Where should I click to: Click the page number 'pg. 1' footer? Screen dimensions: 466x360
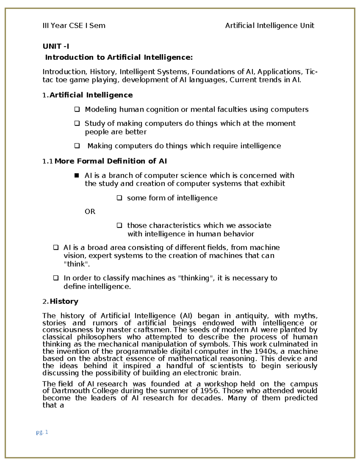tap(42, 432)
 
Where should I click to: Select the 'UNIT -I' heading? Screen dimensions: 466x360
tap(56, 46)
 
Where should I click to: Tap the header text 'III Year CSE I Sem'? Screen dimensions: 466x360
tap(74, 26)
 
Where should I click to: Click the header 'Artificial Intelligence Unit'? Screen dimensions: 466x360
tap(269, 26)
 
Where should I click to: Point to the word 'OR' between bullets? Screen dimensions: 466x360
tap(90, 212)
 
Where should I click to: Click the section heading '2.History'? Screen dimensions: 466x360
tap(60, 302)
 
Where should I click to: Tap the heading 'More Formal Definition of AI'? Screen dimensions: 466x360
tap(110, 161)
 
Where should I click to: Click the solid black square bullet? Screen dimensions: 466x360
tap(76, 175)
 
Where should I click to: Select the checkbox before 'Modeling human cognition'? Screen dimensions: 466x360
tap(77, 110)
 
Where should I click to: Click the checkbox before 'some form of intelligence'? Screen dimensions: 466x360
tap(119, 198)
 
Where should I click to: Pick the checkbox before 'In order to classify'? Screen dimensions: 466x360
tap(56, 278)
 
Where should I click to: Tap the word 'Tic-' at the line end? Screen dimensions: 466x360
tap(311, 72)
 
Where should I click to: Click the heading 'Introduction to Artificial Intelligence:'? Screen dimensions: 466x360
tap(119, 57)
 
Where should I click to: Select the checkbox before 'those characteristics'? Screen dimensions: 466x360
tap(119, 225)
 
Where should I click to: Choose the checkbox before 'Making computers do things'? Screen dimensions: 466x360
tap(77, 146)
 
